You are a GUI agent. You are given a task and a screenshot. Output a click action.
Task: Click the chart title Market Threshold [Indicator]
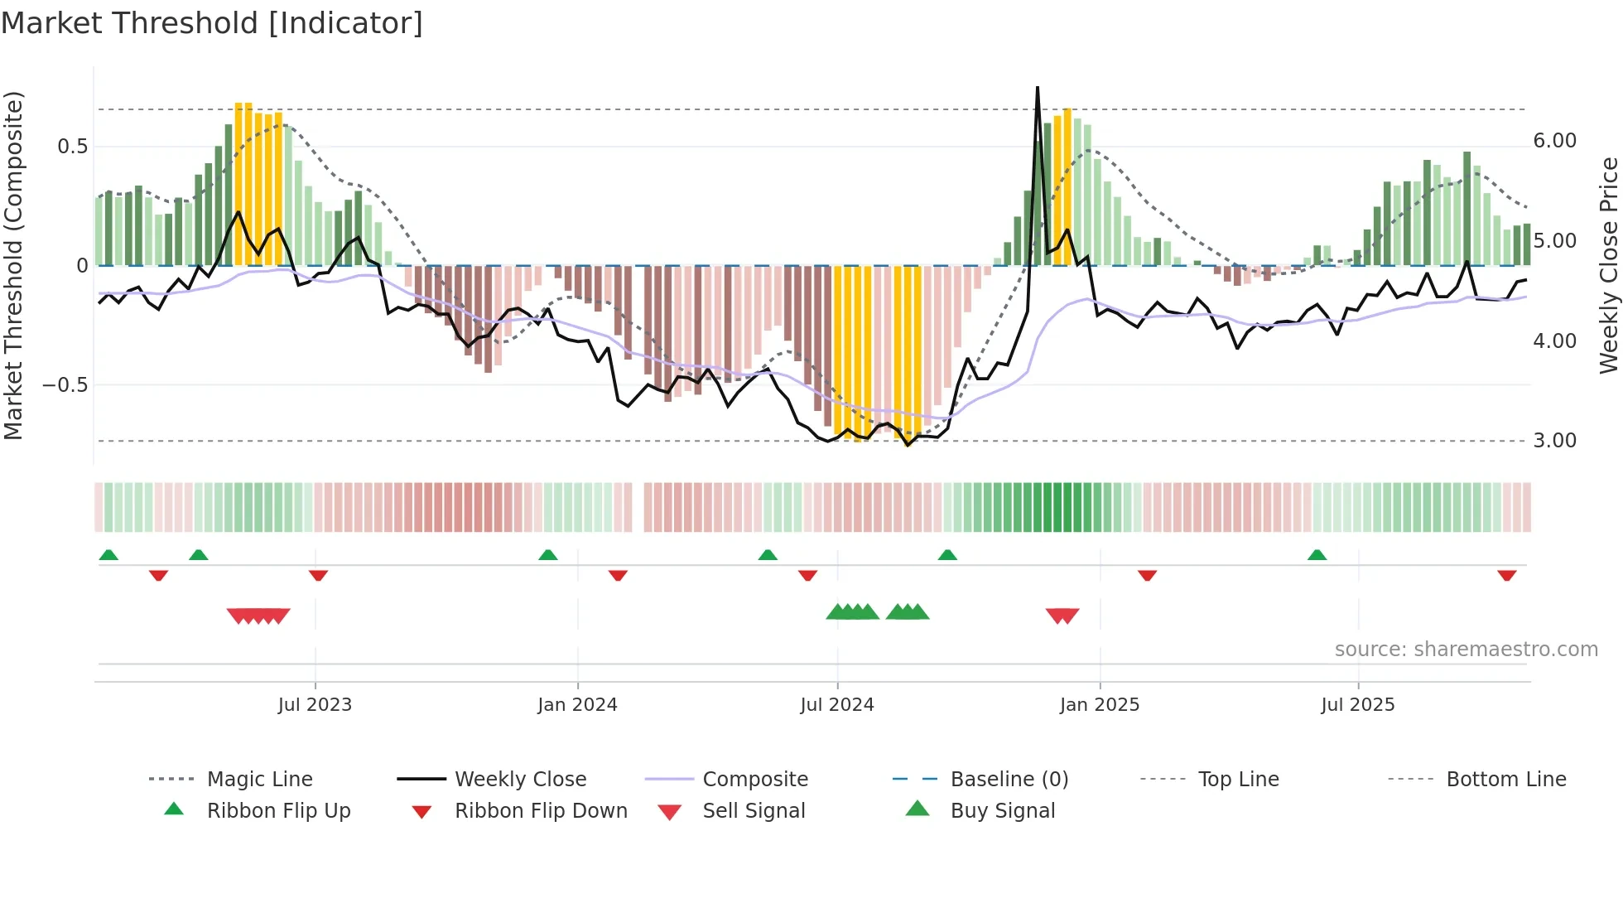[x=212, y=23]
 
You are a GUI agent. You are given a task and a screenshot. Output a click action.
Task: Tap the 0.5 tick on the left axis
[x=72, y=147]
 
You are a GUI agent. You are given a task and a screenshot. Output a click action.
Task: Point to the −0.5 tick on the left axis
[x=65, y=385]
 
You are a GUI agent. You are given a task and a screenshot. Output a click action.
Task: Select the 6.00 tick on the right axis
[x=1554, y=141]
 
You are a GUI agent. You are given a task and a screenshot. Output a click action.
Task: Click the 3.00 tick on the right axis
[x=1554, y=441]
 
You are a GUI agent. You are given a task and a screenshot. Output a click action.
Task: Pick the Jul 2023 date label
[x=315, y=705]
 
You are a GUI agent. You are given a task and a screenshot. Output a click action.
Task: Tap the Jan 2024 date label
[x=577, y=705]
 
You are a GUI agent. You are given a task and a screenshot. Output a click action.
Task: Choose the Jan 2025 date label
[x=1099, y=705]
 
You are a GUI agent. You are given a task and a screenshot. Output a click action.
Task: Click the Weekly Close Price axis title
[x=1608, y=265]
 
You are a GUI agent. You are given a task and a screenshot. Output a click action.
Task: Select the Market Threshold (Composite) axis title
[x=13, y=265]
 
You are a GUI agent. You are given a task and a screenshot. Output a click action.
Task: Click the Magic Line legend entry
[x=259, y=780]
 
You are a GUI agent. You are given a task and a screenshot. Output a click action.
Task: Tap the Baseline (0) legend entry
[x=1009, y=780]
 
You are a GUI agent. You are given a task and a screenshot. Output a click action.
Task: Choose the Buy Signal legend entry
[x=1002, y=811]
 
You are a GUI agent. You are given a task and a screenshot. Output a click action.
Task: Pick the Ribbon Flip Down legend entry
[x=541, y=811]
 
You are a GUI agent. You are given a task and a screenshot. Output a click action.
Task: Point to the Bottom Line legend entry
[x=1505, y=780]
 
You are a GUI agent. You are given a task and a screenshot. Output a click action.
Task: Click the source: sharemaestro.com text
[x=1466, y=650]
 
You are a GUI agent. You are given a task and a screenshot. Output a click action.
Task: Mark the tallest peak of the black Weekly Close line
[x=1038, y=88]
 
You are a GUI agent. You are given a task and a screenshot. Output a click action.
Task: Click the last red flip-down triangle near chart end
[x=1506, y=575]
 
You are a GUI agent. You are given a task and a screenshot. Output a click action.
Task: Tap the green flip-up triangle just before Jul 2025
[x=1317, y=555]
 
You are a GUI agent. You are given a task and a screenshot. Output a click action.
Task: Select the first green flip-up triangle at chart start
[x=108, y=555]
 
